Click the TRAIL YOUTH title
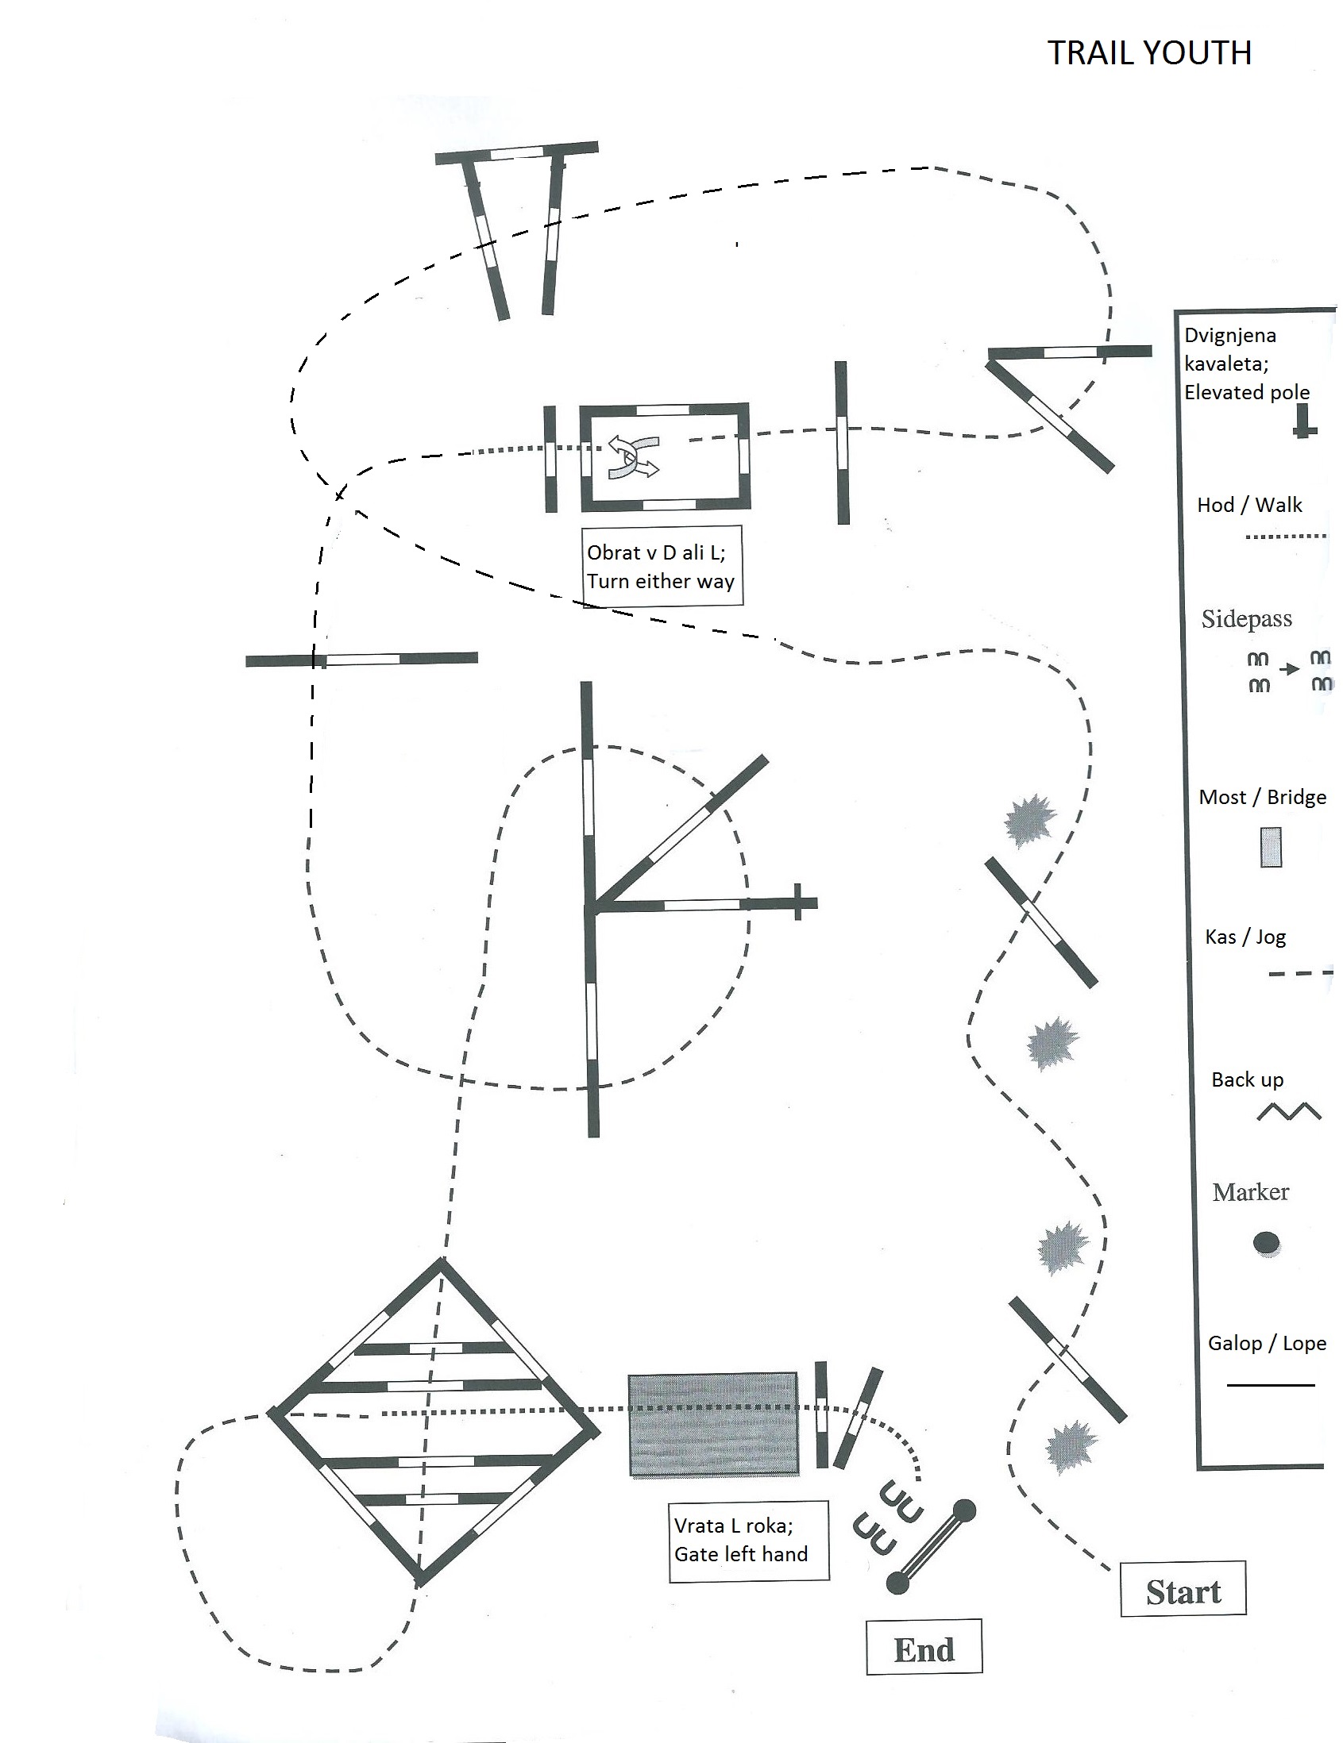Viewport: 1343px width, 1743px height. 1148,53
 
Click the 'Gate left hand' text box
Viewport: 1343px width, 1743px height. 748,1541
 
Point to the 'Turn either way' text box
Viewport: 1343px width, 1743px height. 661,567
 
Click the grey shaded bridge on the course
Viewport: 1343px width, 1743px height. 712,1426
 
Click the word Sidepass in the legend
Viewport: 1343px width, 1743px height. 1245,619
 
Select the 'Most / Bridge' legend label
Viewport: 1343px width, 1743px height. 1261,797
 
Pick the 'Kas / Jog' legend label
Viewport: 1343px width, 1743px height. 1245,937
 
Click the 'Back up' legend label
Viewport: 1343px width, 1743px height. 1246,1079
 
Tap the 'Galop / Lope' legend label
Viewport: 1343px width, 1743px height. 1266,1343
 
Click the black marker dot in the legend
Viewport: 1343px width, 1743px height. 1266,1243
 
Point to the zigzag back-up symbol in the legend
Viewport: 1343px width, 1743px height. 1288,1111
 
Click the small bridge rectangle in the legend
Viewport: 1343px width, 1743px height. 1271,847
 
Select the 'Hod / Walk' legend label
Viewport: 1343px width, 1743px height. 1248,505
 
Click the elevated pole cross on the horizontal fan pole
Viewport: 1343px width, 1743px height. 797,902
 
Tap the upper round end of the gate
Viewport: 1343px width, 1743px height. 964,1509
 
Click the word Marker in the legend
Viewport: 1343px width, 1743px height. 1250,1192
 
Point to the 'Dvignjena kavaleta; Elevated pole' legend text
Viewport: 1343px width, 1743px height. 1245,364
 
